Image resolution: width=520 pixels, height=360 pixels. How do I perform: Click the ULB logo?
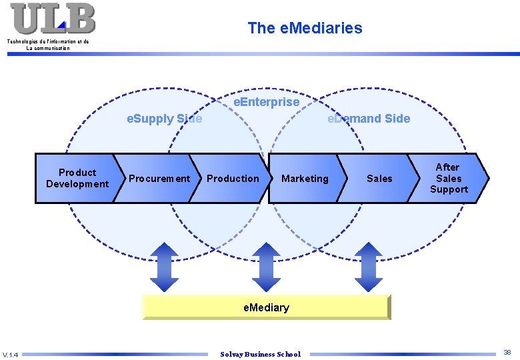coord(53,18)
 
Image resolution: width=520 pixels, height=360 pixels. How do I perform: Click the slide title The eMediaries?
coord(305,28)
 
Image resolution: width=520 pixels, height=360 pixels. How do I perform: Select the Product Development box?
coord(77,178)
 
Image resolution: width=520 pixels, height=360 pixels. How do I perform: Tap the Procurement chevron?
coord(159,178)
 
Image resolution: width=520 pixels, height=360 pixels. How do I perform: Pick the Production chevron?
coord(233,178)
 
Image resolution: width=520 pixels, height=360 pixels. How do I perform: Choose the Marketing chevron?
coord(305,178)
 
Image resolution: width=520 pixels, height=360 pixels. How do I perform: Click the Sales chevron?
coord(379,178)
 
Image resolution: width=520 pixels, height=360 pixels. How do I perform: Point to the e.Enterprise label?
coord(266,102)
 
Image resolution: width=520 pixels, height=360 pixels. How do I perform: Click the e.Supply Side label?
coord(165,119)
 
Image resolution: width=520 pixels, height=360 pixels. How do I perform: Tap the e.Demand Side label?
coord(369,119)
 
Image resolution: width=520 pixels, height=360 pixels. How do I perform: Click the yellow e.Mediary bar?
coord(266,307)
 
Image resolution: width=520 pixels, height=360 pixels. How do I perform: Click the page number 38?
coord(507,352)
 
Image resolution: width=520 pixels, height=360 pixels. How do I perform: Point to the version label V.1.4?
coord(11,354)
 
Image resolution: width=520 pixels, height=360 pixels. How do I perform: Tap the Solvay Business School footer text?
coord(260,354)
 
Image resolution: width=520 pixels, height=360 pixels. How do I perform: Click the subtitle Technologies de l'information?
coord(48,42)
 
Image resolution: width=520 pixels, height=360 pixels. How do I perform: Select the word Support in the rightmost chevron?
coord(449,189)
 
